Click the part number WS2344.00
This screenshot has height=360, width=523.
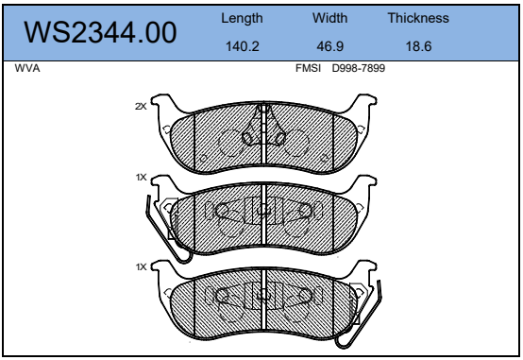(100, 32)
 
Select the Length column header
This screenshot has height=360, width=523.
(242, 18)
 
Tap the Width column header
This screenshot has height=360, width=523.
(329, 18)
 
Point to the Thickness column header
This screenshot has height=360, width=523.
(418, 18)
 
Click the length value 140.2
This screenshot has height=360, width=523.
(243, 46)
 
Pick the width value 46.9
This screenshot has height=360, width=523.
(329, 46)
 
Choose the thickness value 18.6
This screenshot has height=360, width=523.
(418, 46)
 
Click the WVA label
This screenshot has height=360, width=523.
(27, 68)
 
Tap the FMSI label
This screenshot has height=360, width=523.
(308, 68)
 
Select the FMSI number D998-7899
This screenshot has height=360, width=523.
(359, 68)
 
